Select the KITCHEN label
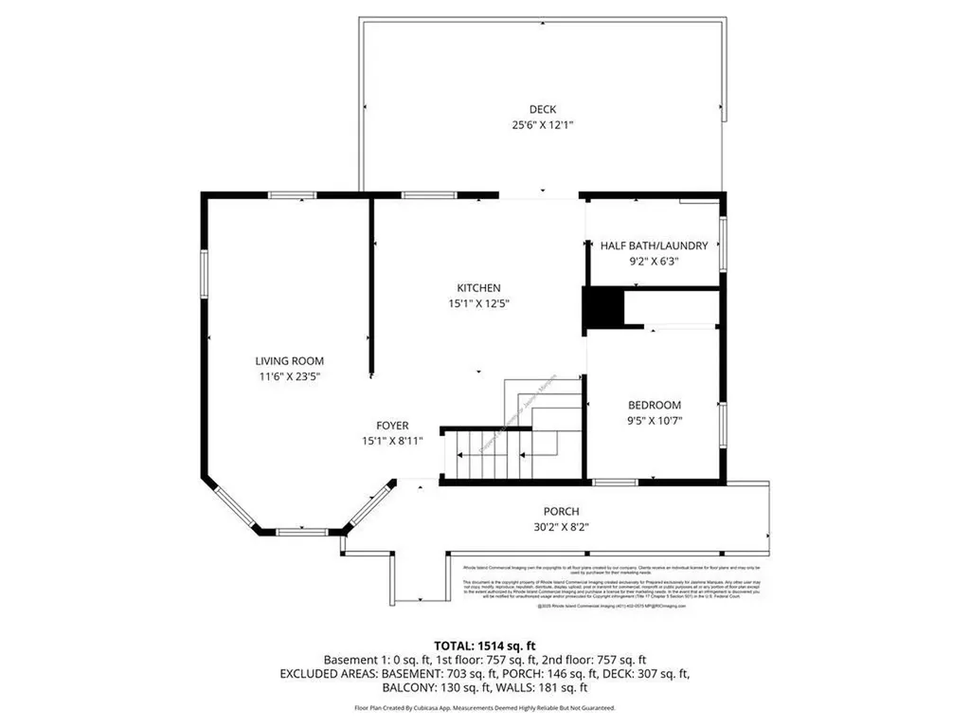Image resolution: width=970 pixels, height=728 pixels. click(478, 288)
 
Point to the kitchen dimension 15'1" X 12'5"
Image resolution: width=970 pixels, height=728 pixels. click(478, 304)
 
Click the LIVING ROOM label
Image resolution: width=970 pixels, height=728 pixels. click(289, 361)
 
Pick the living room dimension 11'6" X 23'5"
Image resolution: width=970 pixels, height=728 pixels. click(289, 377)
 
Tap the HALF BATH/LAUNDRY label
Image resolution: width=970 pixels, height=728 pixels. click(654, 246)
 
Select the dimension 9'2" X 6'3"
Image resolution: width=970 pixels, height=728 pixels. click(654, 262)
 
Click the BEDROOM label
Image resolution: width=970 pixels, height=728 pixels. click(654, 405)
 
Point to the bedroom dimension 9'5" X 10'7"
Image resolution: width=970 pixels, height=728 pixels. click(654, 421)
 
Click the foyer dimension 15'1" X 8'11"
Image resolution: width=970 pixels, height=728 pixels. click(391, 442)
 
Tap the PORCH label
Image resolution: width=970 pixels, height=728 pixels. click(561, 512)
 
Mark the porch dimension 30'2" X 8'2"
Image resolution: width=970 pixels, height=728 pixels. click(561, 528)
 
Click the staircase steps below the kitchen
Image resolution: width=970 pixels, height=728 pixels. click(489, 455)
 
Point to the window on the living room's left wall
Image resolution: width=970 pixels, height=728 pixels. click(203, 275)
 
